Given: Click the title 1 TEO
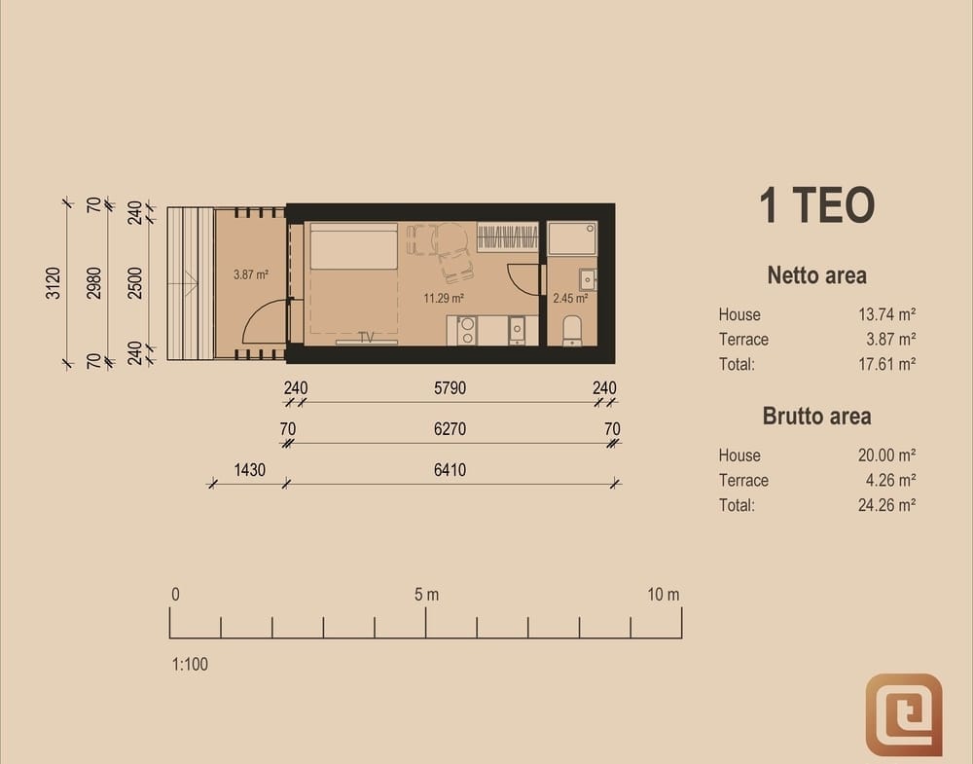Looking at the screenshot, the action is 816,204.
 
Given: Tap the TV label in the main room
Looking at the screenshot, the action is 366,337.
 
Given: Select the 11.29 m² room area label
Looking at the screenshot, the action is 444,299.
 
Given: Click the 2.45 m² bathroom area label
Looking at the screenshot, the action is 570,299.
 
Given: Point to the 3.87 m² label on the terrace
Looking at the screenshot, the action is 251,274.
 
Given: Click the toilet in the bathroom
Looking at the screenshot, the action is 571,330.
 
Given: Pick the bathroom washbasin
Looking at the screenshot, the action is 588,280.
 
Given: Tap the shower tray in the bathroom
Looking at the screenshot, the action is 572,237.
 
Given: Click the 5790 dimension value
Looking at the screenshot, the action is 450,388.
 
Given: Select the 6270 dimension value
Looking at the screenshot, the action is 450,429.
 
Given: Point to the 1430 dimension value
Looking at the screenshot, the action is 249,470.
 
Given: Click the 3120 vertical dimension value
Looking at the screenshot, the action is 54,283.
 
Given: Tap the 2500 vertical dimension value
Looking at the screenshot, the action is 135,283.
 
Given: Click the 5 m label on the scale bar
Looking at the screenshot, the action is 426,595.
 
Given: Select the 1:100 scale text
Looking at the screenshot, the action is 190,664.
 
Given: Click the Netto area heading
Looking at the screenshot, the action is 816,274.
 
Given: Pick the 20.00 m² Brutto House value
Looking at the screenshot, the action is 886,455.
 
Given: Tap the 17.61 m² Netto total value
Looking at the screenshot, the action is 886,364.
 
